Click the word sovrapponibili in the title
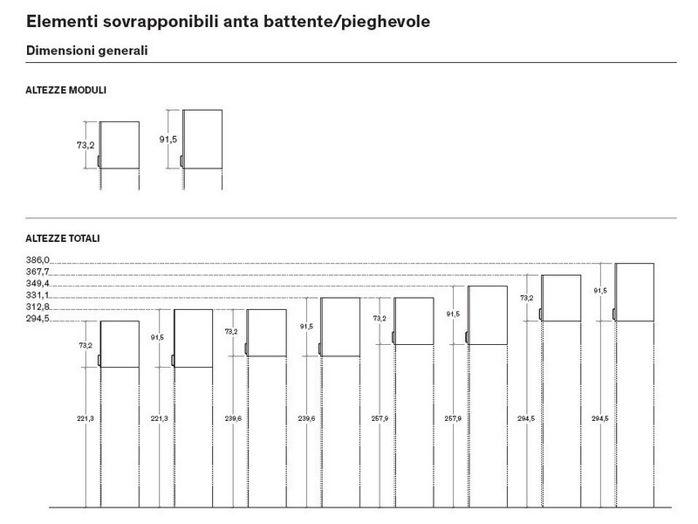(161, 22)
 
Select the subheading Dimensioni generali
(86, 51)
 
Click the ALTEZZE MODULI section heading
(66, 90)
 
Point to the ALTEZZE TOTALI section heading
(63, 238)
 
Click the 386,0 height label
(38, 260)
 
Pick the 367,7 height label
(38, 272)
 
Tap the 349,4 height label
(38, 283)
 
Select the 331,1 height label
(38, 295)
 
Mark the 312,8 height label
(38, 307)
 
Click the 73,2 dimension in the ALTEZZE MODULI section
(86, 145)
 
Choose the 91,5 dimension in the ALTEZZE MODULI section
(168, 140)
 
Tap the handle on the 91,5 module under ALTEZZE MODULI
(181, 162)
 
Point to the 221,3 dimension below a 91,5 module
(160, 419)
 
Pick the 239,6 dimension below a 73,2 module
(233, 419)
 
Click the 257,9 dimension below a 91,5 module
(453, 419)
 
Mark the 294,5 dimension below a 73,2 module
(526, 419)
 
